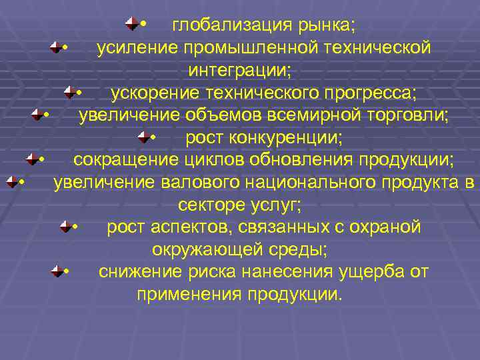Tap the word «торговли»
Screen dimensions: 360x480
[412, 115]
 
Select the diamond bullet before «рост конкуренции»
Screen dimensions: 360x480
[143, 137]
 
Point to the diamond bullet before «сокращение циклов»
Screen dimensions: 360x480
[31, 159]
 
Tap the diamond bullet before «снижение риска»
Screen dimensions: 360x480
[57, 271]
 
